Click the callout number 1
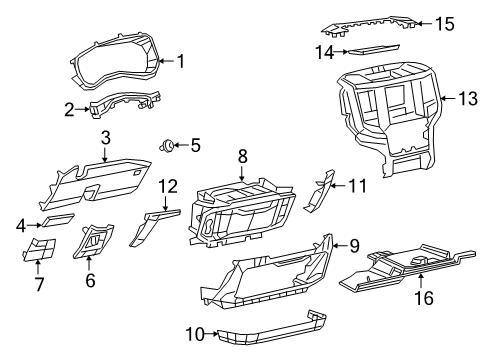(x=181, y=61)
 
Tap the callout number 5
(x=195, y=146)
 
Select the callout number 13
(x=468, y=98)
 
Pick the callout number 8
(x=241, y=156)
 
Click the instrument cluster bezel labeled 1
(x=115, y=65)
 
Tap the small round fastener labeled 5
(x=167, y=147)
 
